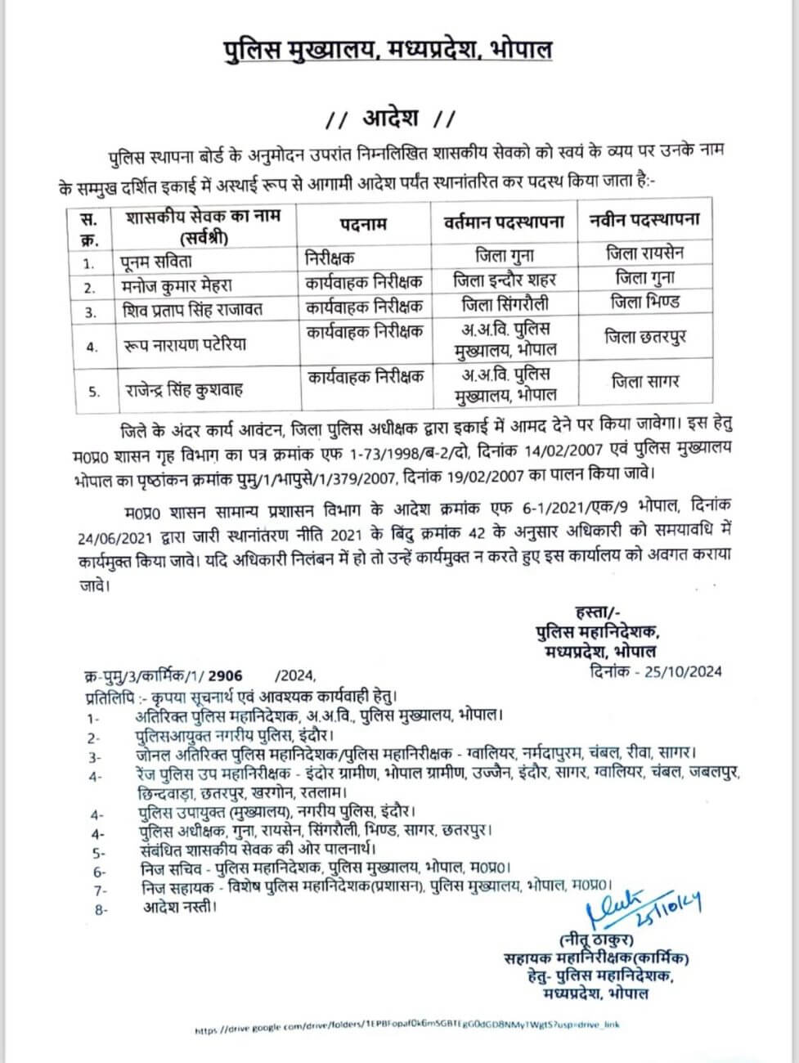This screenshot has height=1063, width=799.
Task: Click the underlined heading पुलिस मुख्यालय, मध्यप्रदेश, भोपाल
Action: pyautogui.click(x=388, y=50)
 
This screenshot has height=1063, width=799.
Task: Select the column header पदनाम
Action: pyautogui.click(x=363, y=223)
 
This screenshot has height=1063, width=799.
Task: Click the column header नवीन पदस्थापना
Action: pyautogui.click(x=644, y=220)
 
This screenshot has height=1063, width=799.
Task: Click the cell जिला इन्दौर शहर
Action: pyautogui.click(x=505, y=280)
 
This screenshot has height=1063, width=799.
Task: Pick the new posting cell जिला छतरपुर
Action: pyautogui.click(x=645, y=335)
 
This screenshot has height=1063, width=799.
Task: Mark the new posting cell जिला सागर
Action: pyautogui.click(x=645, y=381)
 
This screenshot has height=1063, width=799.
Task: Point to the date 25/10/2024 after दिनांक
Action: pyautogui.click(x=683, y=672)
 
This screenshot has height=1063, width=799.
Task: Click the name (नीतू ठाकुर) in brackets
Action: pyautogui.click(x=595, y=940)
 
